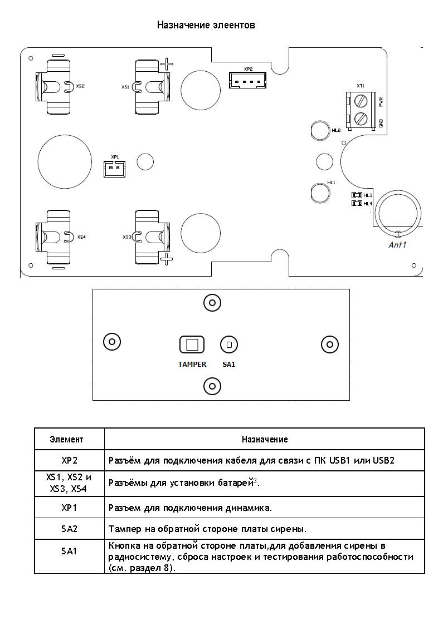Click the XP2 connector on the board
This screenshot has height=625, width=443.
coord(247,81)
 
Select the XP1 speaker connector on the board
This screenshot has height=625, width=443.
coord(114,169)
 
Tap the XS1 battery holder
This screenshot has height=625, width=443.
coord(149,86)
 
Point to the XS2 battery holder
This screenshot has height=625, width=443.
coord(53,86)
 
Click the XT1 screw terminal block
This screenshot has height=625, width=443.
coord(361,110)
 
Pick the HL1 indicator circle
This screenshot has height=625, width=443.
coord(320,193)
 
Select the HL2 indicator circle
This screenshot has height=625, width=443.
coord(320,130)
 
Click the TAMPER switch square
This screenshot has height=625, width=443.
coord(192,345)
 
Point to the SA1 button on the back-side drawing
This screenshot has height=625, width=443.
coord(229,345)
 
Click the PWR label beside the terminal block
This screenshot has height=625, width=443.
coord(381,102)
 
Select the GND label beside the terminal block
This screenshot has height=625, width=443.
coord(381,123)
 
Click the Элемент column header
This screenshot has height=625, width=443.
coord(66,439)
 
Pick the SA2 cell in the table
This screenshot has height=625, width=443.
coord(69,529)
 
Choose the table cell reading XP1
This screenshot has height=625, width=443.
coord(69,508)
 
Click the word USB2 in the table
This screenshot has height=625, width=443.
coord(383,460)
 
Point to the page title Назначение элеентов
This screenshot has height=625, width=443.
coord(206,25)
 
